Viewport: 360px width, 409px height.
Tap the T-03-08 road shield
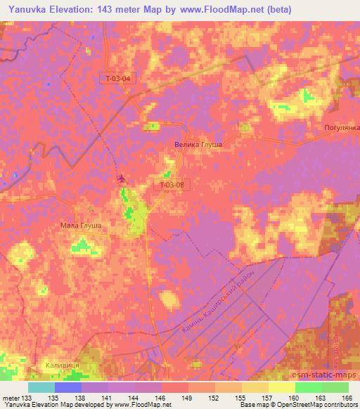pos(172,185)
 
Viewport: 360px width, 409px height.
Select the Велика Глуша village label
pos(198,144)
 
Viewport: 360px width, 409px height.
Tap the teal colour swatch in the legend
pos(41,387)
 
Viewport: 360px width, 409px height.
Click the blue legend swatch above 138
pos(68,387)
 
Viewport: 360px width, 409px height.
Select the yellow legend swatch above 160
pos(281,387)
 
